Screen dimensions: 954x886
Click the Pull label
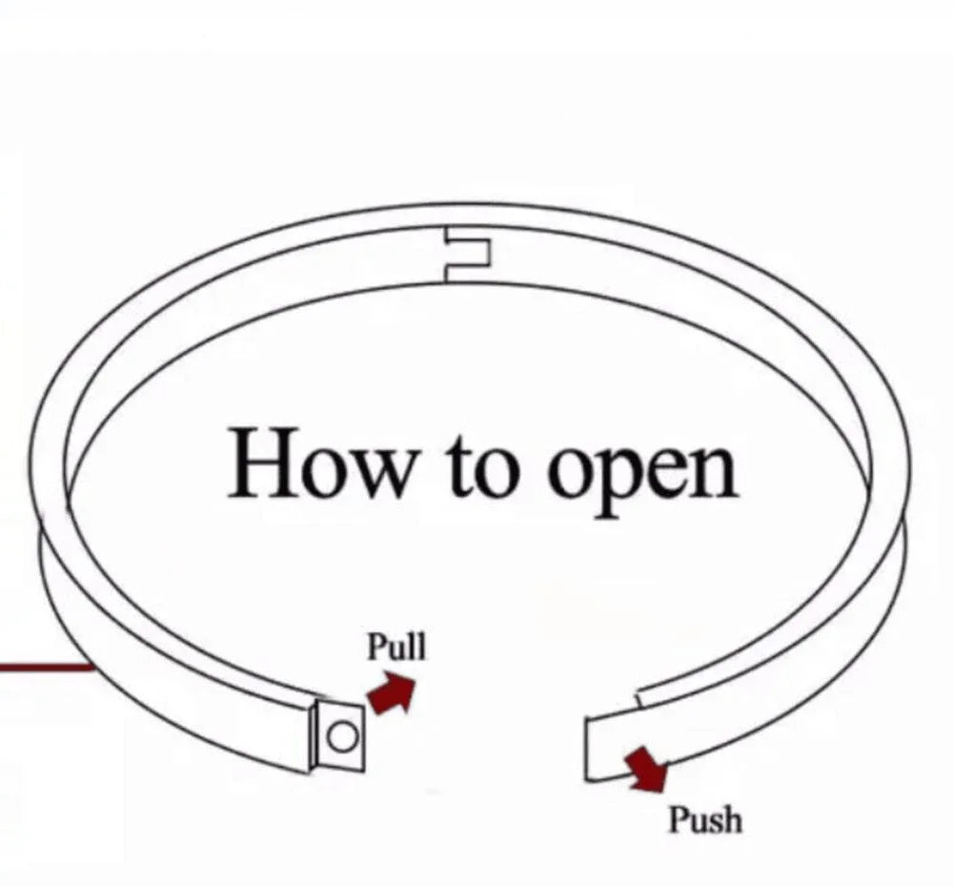click(x=396, y=647)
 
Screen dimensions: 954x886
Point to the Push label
click(x=706, y=819)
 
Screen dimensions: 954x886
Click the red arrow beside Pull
click(x=391, y=693)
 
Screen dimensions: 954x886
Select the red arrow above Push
click(x=647, y=770)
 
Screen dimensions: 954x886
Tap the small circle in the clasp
click(x=342, y=737)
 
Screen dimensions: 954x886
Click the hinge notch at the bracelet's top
click(x=467, y=255)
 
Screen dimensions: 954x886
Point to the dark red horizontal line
click(x=47, y=668)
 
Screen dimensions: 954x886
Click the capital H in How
click(x=261, y=463)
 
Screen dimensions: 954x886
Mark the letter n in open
click(x=713, y=471)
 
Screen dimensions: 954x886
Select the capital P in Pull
click(x=377, y=646)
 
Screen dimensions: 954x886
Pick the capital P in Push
click(x=680, y=819)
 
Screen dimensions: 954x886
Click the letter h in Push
click(x=732, y=819)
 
